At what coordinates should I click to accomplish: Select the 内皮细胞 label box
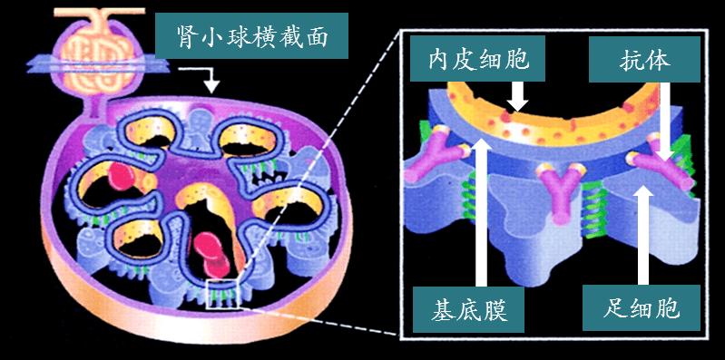[473, 60]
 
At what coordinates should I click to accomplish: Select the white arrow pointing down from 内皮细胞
[517, 96]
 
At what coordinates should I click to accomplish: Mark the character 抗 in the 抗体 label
[626, 60]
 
